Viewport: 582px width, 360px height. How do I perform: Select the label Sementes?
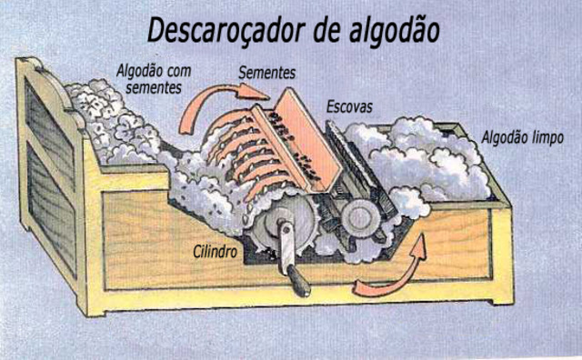[x=267, y=71]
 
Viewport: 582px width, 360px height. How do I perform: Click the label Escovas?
[x=349, y=107]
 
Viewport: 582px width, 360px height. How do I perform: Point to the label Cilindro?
[x=216, y=247]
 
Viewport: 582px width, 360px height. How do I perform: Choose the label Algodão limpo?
[x=522, y=137]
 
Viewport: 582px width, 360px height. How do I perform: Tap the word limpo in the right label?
[x=547, y=137]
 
